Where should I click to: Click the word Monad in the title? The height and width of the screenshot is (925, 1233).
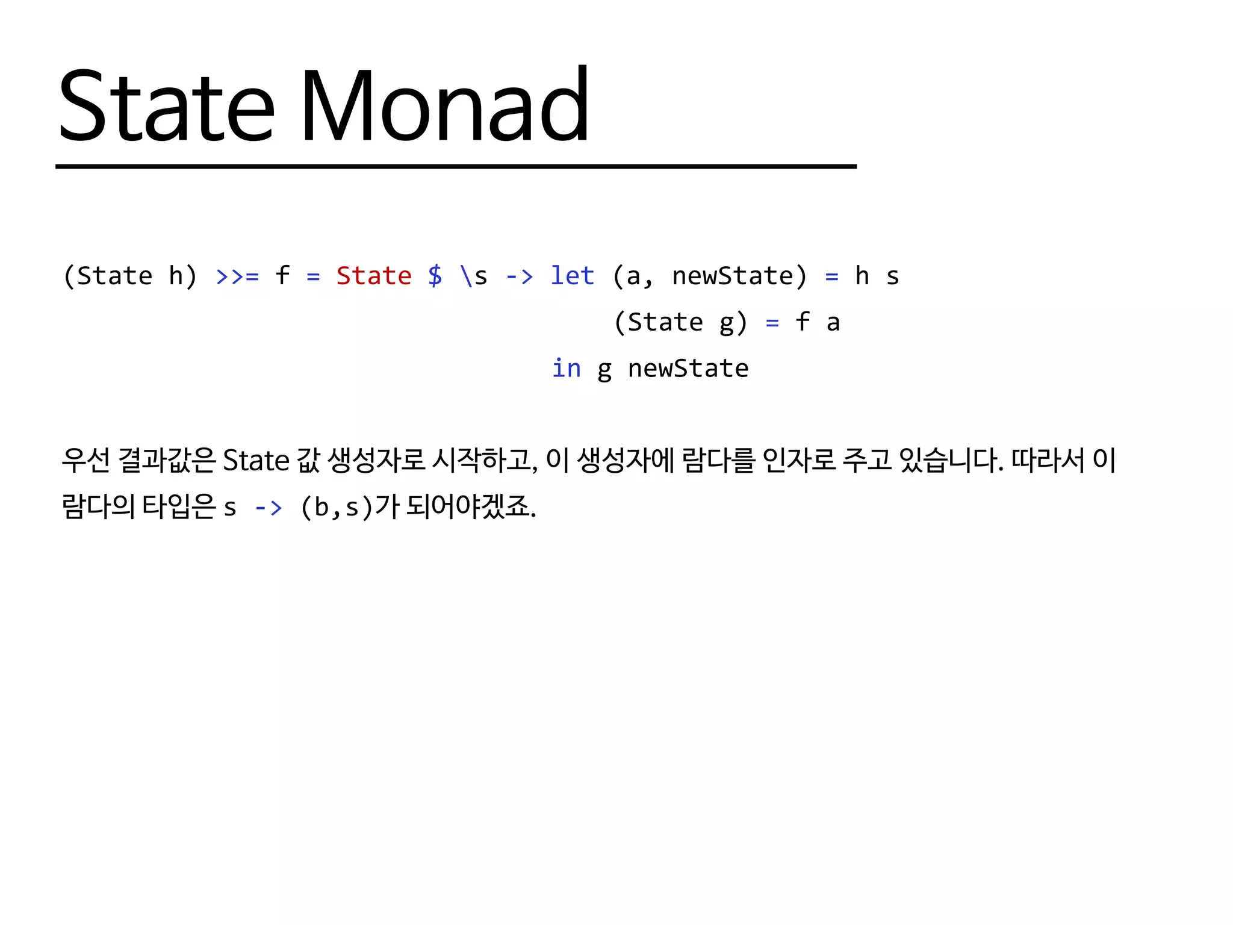click(444, 105)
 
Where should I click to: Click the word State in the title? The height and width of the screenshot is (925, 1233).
click(167, 105)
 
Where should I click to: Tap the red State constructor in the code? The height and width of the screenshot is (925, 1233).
click(374, 276)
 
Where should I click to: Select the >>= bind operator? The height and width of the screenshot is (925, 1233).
click(237, 276)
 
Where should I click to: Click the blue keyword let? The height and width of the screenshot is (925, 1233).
click(572, 276)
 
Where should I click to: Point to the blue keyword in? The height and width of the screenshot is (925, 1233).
click(566, 368)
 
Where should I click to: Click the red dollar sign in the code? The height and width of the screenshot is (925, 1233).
click(435, 276)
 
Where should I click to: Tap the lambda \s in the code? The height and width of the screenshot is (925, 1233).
click(473, 276)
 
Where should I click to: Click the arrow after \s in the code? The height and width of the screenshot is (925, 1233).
click(519, 276)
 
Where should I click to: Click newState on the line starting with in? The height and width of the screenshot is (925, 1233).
click(688, 368)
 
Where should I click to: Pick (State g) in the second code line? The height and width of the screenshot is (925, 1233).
click(680, 322)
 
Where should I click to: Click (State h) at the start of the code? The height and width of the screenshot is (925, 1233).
click(130, 276)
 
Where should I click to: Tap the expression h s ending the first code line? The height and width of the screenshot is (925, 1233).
click(877, 276)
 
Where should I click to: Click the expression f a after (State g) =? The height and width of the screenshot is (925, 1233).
click(817, 322)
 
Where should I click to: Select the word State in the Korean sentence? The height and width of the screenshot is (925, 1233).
click(256, 461)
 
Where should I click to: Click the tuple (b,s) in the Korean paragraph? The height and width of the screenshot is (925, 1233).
click(337, 507)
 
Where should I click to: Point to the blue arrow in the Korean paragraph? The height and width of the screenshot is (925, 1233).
click(268, 508)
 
